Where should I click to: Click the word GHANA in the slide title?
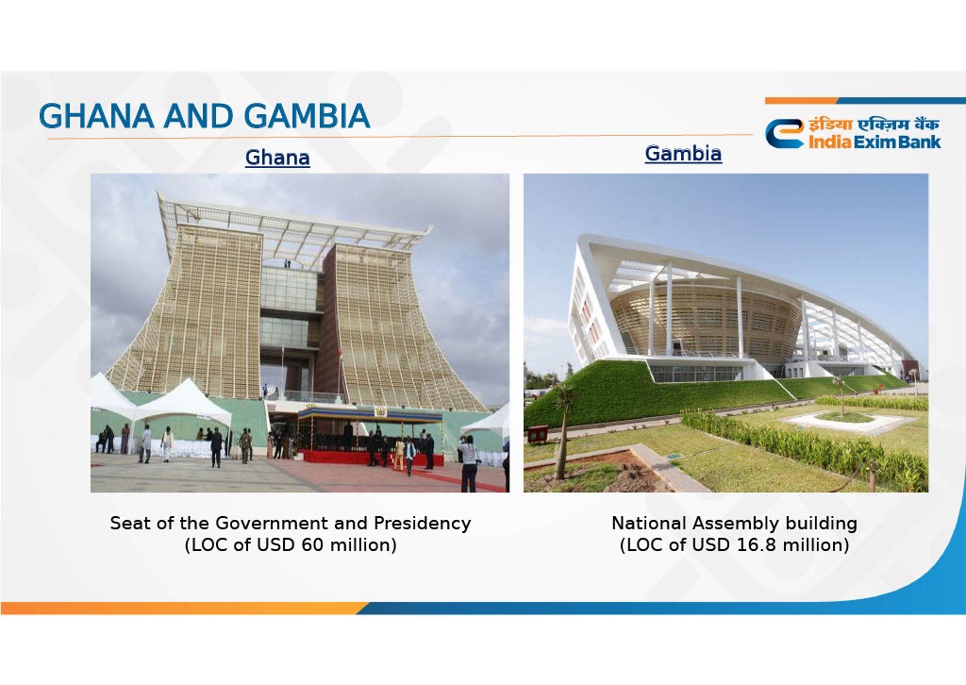pos(96,116)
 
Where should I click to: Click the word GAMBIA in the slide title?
pos(307,116)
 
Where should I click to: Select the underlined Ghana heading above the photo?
pos(277,158)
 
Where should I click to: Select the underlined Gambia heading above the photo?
pos(683,154)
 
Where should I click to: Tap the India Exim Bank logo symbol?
pos(784,134)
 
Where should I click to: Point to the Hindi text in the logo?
pos(874,125)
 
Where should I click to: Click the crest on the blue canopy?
pos(380,412)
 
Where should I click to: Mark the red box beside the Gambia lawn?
pos(537,434)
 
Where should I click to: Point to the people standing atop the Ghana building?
pos(287,263)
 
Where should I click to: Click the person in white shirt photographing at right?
pos(469,463)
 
